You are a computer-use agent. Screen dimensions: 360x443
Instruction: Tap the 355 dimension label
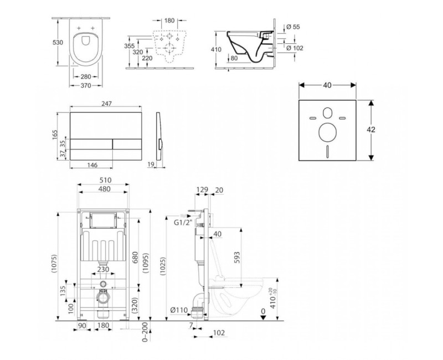[x=128, y=46]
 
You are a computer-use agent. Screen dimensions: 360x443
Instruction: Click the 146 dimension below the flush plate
[x=92, y=165]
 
